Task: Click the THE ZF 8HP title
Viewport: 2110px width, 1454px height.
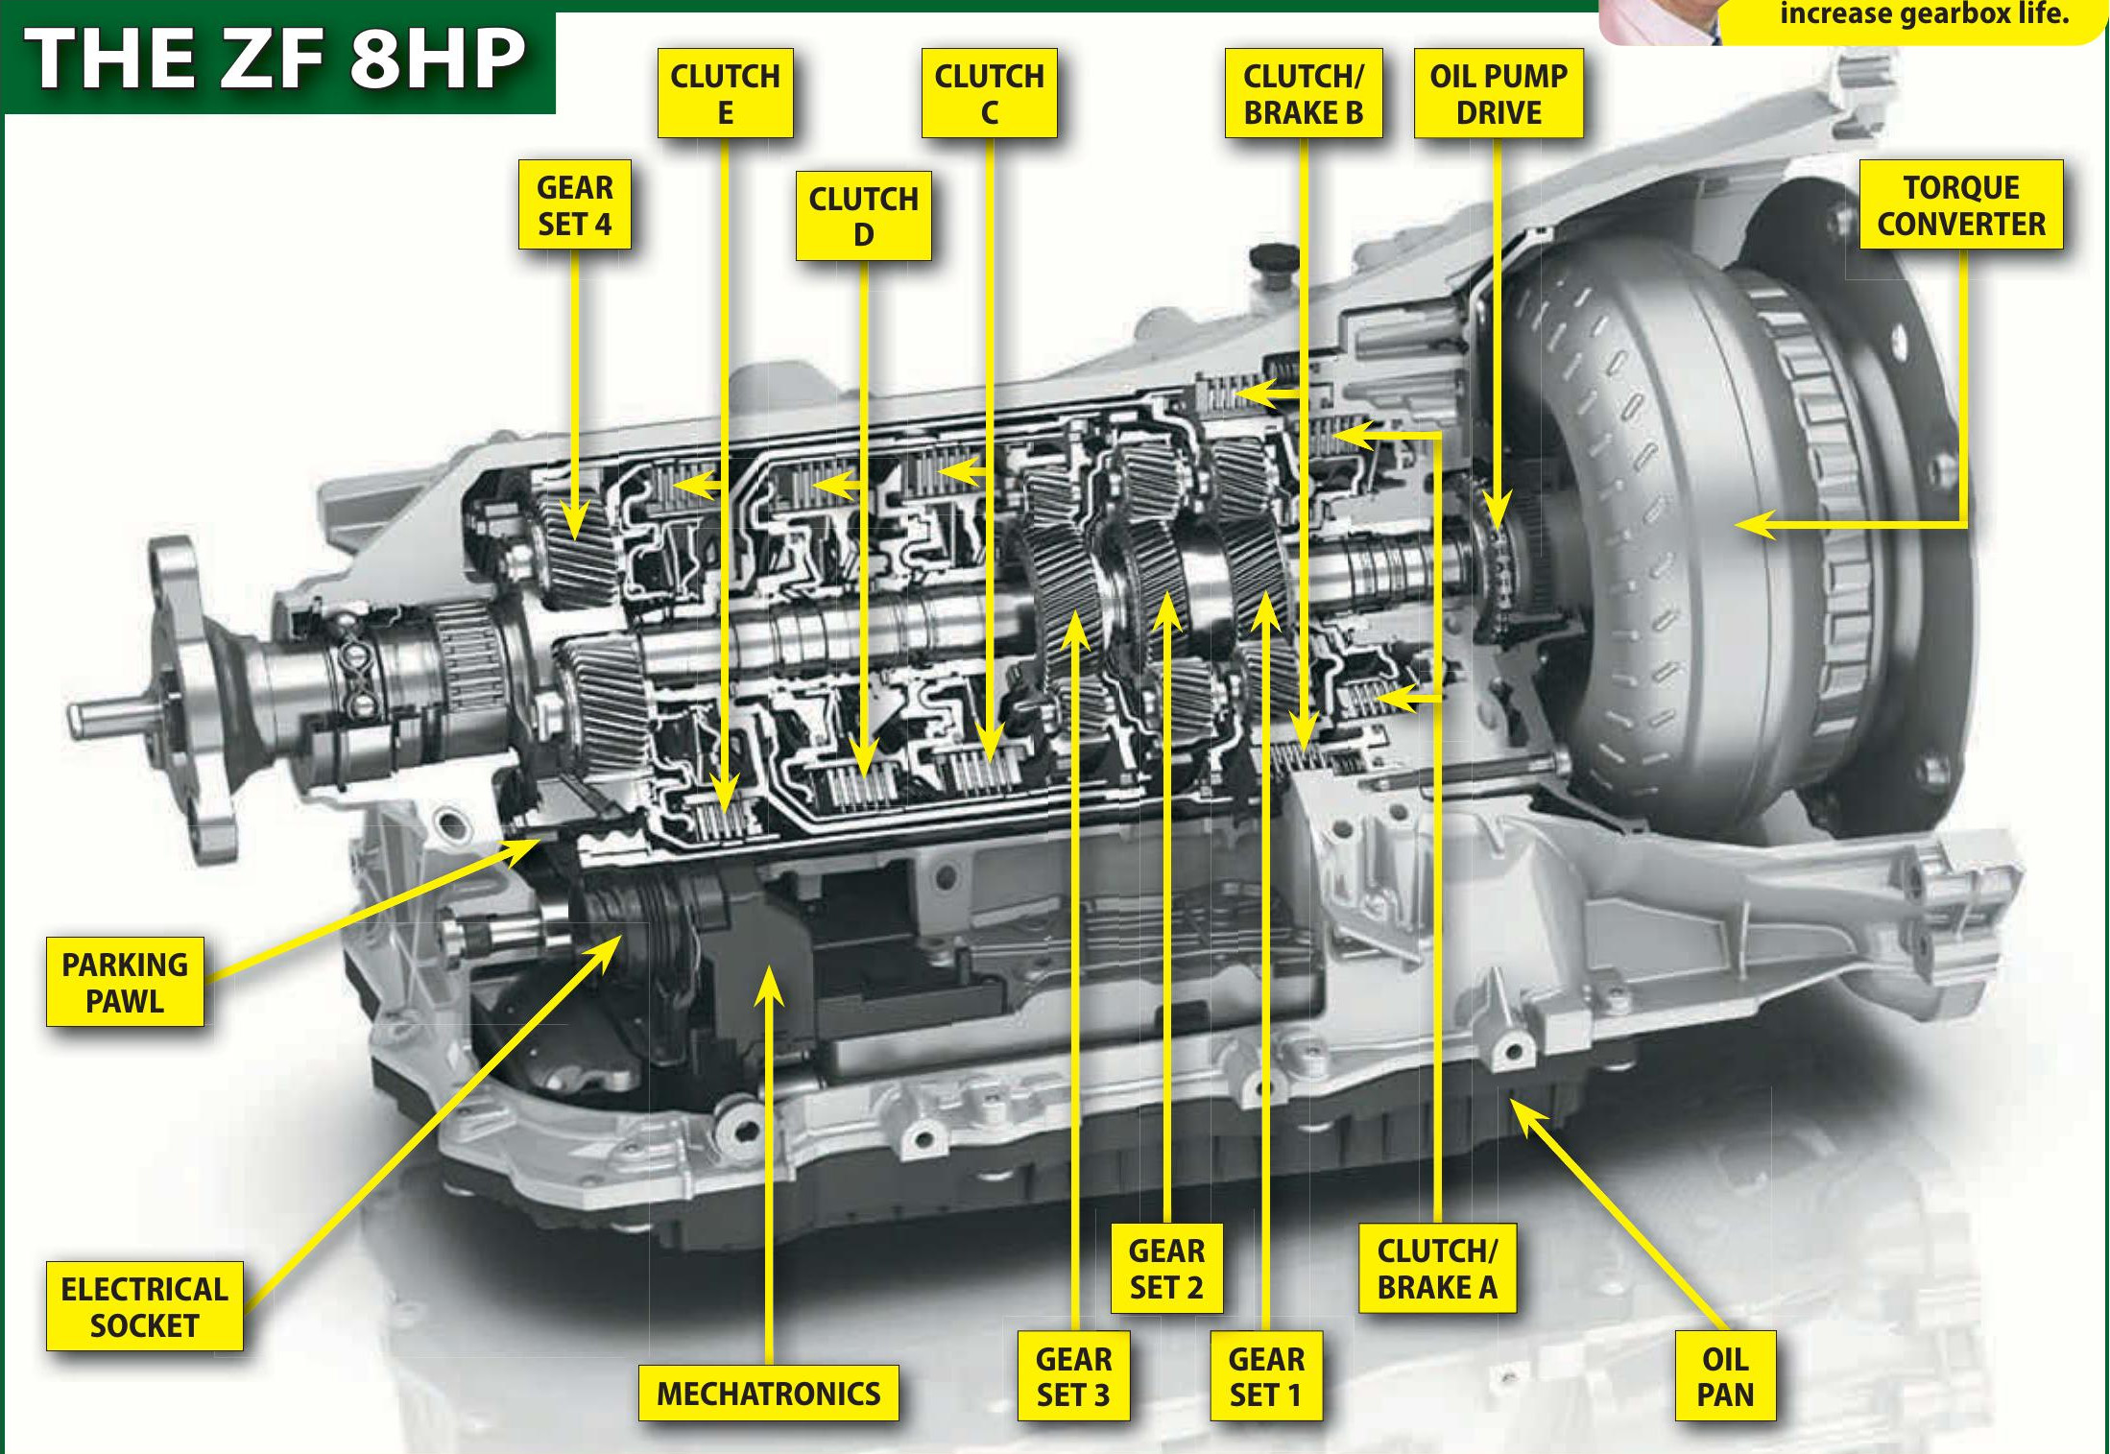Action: point(276,60)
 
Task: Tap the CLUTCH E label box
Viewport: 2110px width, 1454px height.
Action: point(725,93)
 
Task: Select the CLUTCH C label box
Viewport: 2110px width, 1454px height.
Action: point(989,93)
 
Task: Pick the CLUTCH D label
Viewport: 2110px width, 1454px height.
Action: point(863,216)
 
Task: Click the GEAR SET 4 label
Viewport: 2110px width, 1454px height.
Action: point(574,204)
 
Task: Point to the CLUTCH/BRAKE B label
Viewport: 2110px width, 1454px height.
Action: point(1303,93)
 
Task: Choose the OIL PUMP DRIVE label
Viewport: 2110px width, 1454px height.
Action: point(1498,93)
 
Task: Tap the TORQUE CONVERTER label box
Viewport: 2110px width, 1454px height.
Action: point(1960,204)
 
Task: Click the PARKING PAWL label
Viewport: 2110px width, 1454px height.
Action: point(125,982)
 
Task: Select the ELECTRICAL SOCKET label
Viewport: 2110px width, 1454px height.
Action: point(144,1306)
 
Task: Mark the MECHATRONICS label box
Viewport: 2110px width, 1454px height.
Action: point(768,1393)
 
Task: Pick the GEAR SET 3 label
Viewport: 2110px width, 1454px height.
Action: point(1073,1375)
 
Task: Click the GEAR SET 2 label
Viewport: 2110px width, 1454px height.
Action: point(1166,1268)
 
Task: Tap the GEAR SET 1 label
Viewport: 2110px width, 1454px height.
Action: point(1265,1375)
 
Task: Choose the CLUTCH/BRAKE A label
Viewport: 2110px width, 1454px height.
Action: point(1436,1268)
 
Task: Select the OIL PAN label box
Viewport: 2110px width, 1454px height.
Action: point(1724,1375)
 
